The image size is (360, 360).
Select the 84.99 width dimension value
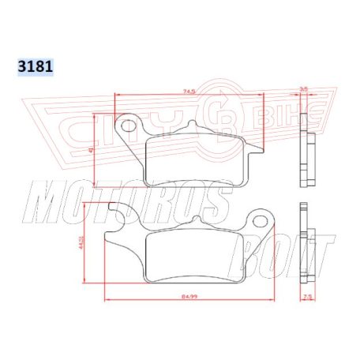click(189, 296)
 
